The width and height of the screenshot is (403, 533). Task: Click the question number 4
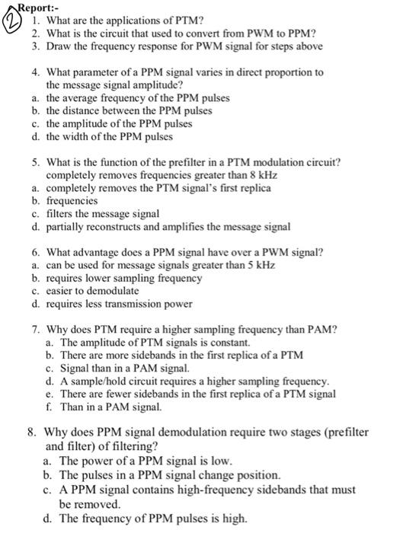[35, 72]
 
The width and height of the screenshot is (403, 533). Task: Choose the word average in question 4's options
[79, 98]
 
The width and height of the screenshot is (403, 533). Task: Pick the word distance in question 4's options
[82, 111]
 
